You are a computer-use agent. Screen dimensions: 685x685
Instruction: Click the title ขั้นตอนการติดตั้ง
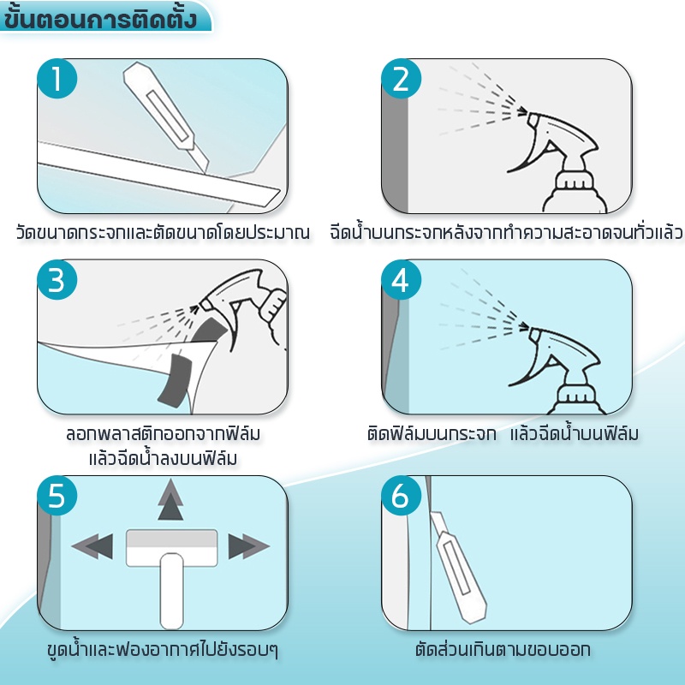point(99,17)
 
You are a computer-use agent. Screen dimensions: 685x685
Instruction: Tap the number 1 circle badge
point(57,79)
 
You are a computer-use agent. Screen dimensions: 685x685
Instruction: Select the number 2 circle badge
point(401,79)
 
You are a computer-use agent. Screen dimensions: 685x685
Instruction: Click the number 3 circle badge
point(57,280)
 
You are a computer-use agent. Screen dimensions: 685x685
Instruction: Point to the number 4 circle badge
point(401,280)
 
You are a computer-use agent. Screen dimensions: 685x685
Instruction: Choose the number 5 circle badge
point(57,496)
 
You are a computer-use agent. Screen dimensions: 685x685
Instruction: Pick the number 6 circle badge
point(401,496)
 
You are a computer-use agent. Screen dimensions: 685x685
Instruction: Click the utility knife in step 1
point(165,116)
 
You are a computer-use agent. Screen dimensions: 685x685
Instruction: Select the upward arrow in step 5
point(170,499)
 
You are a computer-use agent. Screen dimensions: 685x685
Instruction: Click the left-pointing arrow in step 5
point(92,545)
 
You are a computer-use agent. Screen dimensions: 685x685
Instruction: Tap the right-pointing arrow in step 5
point(248,545)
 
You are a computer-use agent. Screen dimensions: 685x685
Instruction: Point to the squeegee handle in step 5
point(171,591)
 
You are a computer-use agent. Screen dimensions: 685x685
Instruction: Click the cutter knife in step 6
point(458,567)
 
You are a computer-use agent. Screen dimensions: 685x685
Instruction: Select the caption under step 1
point(163,232)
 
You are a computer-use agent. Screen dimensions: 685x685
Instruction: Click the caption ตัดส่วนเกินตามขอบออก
point(503,649)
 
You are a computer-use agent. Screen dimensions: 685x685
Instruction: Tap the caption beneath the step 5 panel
point(163,650)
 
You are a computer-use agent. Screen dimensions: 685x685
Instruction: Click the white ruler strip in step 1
point(159,174)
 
